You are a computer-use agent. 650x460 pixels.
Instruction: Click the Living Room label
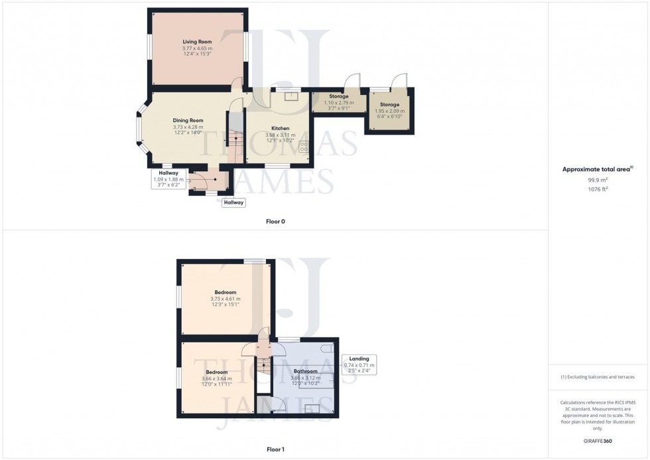click(x=197, y=42)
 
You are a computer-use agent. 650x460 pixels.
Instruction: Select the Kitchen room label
click(x=281, y=128)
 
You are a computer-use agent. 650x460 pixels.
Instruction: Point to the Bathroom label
click(x=305, y=371)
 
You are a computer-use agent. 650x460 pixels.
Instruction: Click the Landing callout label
click(x=359, y=359)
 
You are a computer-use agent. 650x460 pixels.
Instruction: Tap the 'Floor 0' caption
click(x=275, y=221)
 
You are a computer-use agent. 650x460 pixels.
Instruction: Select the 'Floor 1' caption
click(x=275, y=449)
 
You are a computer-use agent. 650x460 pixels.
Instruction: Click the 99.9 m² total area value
click(x=598, y=179)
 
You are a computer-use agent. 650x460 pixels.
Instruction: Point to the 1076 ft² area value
click(x=598, y=189)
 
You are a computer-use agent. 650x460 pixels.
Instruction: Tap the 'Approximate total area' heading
click(x=598, y=169)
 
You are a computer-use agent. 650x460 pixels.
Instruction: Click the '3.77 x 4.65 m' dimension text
click(x=197, y=48)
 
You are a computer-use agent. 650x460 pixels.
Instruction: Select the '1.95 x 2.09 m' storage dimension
click(x=389, y=111)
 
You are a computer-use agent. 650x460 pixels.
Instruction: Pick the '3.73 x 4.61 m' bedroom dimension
click(x=225, y=299)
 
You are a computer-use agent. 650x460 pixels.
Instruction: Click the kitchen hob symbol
click(x=304, y=147)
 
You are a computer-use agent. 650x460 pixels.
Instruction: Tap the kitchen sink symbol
click(x=291, y=96)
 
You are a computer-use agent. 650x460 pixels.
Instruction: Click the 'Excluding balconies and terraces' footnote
click(x=598, y=377)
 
